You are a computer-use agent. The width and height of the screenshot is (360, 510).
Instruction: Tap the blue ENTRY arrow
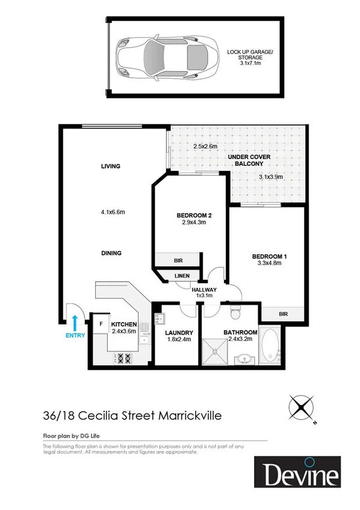(75, 322)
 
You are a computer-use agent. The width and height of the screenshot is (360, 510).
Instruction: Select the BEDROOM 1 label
(269, 257)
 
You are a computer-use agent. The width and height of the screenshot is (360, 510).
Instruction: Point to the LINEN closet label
(182, 276)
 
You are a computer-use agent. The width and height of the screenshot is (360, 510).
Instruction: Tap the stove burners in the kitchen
(125, 359)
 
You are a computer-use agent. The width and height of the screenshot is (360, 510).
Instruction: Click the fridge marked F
(101, 323)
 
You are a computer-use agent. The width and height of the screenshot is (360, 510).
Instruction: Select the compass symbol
(302, 408)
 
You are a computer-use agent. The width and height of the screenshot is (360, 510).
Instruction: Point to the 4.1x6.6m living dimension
(113, 211)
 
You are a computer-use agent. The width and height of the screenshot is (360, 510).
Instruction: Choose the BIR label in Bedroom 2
(178, 260)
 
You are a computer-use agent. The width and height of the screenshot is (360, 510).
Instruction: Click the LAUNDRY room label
(178, 332)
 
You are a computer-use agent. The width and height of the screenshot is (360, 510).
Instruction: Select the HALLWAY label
(204, 290)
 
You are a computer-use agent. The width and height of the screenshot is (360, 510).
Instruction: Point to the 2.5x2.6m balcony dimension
(205, 146)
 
